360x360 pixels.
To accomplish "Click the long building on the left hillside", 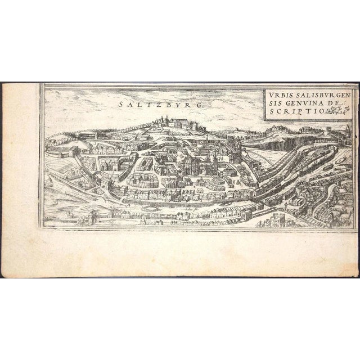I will pyautogui.click(x=90, y=135).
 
